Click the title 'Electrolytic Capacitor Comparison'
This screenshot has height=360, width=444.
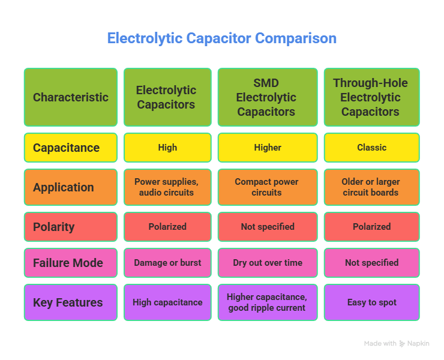tap(221, 38)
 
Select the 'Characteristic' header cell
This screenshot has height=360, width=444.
tap(70, 97)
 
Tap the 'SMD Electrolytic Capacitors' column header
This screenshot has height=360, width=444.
tap(266, 97)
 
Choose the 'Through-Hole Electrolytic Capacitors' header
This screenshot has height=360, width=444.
tap(371, 97)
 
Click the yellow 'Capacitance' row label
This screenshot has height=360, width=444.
tap(70, 148)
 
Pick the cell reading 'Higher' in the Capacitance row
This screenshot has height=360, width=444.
tap(266, 148)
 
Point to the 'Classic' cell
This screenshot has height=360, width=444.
tap(371, 148)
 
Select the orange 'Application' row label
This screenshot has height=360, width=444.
tap(70, 187)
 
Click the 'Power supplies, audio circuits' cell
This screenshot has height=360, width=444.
tap(167, 187)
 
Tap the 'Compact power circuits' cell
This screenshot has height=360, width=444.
tap(266, 187)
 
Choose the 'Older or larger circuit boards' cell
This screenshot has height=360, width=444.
tap(371, 187)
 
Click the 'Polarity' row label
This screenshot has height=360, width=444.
tap(70, 227)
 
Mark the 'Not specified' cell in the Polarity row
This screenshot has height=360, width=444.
tap(266, 227)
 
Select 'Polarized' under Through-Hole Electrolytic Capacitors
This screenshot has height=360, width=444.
tap(371, 227)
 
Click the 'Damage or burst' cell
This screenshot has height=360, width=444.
tap(167, 263)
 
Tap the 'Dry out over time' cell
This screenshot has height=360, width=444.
tap(266, 263)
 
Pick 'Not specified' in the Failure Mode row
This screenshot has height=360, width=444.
tap(371, 263)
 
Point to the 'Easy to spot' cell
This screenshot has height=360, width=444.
tap(371, 302)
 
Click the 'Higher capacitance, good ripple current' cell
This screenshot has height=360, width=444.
tap(266, 302)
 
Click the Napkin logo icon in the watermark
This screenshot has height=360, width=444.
tap(402, 344)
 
